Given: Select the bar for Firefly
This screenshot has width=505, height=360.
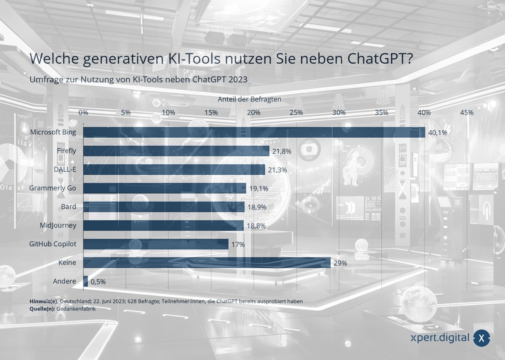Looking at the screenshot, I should pos(176,151).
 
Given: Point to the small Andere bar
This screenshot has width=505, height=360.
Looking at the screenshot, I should pos(86,281).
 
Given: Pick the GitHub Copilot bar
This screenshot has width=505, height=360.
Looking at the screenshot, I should pos(156,244).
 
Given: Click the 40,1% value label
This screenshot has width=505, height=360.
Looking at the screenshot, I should pos(437,133).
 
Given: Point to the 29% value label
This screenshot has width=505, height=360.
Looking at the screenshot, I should pos(340,263).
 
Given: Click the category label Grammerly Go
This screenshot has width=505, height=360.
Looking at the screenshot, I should pos(53,188).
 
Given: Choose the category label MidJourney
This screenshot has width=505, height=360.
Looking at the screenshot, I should pos(58,225).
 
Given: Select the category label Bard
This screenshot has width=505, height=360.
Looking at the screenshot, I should pos(68,207).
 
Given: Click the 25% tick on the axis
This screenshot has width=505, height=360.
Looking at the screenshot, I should pos(296,113).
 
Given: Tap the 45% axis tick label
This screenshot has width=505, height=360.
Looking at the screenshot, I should pos(467,113).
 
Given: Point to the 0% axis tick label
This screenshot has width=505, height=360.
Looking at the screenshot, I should pos(83,113).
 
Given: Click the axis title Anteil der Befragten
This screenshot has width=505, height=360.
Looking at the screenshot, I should pos(250,99).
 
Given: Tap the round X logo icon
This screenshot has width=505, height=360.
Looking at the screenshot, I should pos(481,338).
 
